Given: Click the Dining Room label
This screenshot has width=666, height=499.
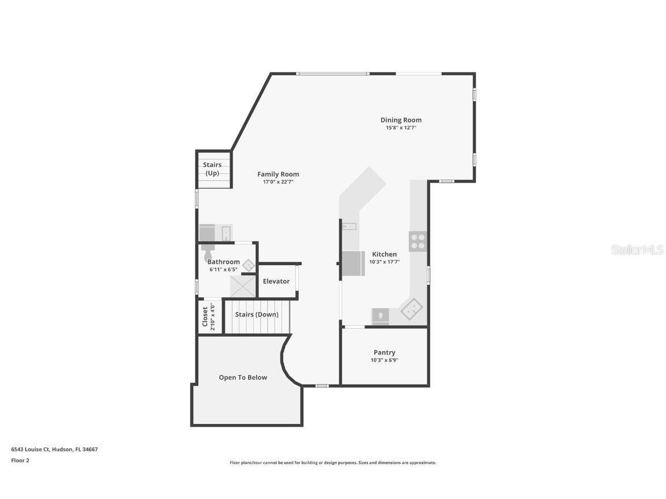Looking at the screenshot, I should point(401,120).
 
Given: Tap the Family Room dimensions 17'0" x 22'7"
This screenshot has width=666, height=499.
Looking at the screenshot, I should point(278,182).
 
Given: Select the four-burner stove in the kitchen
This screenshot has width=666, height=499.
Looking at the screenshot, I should point(418,241).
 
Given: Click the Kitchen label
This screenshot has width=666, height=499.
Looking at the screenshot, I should point(384,254).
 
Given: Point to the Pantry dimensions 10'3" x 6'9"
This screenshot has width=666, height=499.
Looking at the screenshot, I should point(384,360).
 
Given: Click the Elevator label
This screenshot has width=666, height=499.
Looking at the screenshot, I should point(276,281).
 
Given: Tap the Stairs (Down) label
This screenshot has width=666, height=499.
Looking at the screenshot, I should point(257,315).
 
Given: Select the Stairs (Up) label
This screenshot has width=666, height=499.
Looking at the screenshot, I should point(212,169).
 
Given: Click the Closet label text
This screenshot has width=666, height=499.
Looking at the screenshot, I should point(205,316).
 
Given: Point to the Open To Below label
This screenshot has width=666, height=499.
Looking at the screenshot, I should point(243,377).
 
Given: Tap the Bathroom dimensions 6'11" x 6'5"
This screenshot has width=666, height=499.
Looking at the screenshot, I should point(224,269).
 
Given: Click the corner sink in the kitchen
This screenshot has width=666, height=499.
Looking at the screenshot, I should point(412,310).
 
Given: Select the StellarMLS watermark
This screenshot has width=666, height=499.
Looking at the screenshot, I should point(637,249).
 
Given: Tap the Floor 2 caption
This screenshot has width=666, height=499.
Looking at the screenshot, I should point(20,460).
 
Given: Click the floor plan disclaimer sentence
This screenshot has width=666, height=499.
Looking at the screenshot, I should point(333,463).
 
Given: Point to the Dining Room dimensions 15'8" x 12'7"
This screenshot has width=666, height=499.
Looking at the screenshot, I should point(401,128).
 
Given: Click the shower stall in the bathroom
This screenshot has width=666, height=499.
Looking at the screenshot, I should point(243,286).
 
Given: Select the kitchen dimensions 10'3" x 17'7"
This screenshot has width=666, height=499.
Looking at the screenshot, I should point(384,262).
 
